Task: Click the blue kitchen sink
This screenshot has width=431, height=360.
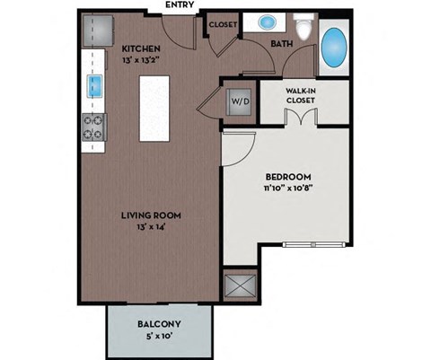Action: coord(94,87)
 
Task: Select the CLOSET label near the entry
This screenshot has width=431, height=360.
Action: coord(222,25)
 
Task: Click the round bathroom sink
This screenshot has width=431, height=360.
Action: coord(268,22)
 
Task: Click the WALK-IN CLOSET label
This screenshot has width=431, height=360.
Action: coord(299,95)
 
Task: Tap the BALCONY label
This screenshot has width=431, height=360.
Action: coord(159,324)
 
